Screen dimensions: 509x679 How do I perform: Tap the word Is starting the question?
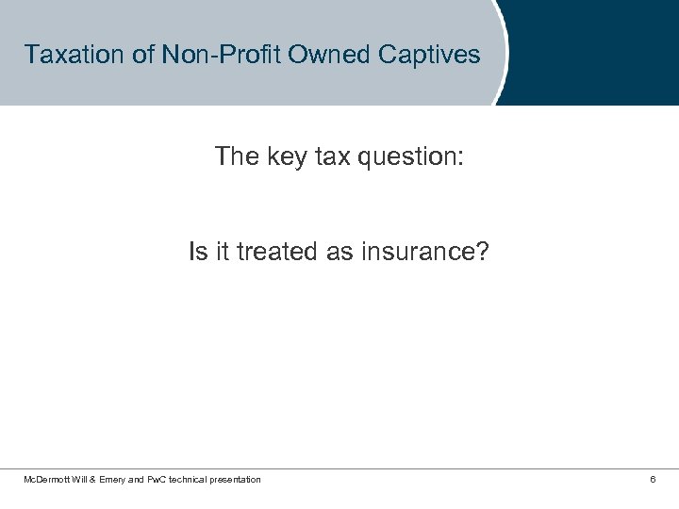(197, 253)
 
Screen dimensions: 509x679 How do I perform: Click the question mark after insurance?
(483, 253)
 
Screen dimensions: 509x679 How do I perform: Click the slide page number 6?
(653, 480)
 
